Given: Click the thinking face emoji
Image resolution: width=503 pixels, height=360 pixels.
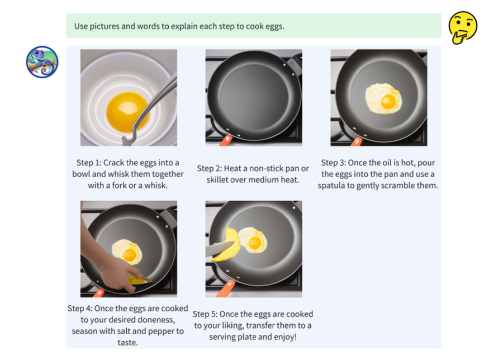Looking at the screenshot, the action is point(463,27).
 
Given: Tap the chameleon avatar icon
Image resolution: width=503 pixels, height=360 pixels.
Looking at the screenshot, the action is point(42,62).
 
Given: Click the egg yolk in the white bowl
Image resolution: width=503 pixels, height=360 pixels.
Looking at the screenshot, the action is point(127,112).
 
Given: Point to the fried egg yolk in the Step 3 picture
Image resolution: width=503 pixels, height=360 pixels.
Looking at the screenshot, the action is point(388,102).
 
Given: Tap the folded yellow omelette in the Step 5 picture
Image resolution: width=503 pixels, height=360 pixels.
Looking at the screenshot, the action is point(227,244).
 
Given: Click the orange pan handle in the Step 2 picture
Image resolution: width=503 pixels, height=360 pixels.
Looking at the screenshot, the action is point(226,140).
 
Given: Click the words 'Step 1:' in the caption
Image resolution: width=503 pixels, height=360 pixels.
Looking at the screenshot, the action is point(89,163).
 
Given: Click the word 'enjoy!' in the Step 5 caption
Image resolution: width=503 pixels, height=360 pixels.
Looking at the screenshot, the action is point(285,337).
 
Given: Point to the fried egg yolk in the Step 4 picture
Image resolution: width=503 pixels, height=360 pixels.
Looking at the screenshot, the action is point(130,255).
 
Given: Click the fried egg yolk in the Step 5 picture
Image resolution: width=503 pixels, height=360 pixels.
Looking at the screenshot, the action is point(255,243).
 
